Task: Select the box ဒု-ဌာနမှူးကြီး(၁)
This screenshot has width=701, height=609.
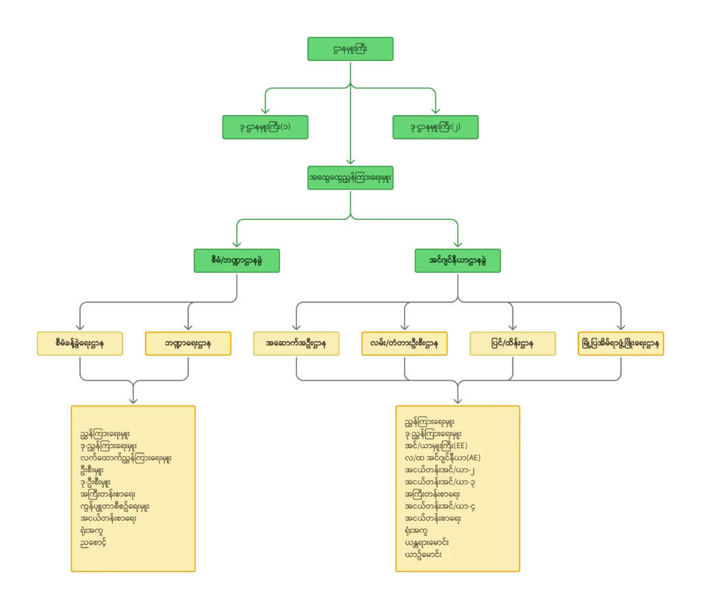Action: (x=266, y=127)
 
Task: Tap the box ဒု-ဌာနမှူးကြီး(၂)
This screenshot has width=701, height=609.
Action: (x=435, y=127)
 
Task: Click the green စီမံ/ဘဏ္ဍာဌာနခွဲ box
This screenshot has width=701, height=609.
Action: (x=237, y=260)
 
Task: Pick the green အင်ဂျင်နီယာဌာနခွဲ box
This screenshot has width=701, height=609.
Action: (x=458, y=260)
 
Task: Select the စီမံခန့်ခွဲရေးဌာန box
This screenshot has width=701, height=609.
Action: (x=79, y=343)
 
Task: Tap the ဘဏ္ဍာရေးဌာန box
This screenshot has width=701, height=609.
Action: (x=188, y=343)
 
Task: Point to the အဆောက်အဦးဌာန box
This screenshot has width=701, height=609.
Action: (x=295, y=343)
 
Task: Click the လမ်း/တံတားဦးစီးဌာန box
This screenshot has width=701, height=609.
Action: (x=405, y=343)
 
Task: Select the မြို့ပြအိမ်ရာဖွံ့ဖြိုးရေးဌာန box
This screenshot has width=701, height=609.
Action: (x=622, y=343)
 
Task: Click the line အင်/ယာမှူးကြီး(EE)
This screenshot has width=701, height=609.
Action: (x=436, y=445)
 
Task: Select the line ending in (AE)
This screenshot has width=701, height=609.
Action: (x=443, y=458)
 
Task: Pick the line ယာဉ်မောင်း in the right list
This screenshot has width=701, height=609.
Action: (x=423, y=554)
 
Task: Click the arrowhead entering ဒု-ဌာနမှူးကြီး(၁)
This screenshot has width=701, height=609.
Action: (x=266, y=110)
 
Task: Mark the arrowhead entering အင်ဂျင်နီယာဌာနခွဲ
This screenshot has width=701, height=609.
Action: (x=458, y=244)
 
